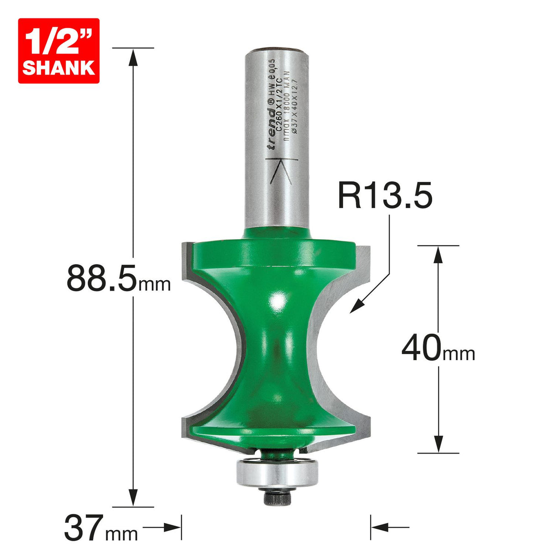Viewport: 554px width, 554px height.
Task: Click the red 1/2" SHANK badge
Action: click(x=58, y=51)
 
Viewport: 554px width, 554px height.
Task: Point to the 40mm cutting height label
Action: click(x=438, y=348)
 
